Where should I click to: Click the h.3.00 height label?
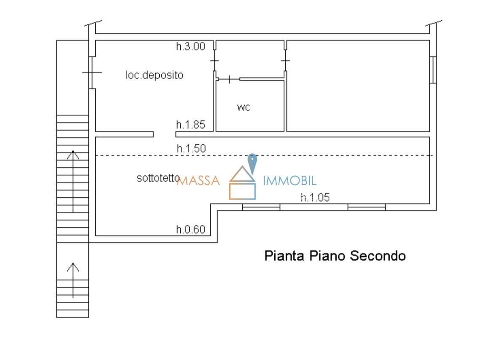[190, 46]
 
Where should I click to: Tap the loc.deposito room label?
[154, 75]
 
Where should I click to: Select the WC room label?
[244, 108]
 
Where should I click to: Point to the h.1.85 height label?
[190, 125]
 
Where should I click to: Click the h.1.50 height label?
[191, 148]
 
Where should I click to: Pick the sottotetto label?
[158, 178]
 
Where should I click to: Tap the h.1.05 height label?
[315, 197]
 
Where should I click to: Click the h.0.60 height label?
[190, 229]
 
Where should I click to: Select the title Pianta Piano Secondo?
[335, 255]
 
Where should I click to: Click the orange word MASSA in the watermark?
[198, 181]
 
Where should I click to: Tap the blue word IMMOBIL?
[289, 181]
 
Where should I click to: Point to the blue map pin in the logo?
[252, 163]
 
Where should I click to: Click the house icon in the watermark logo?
[242, 183]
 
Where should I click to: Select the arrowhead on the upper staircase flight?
[73, 154]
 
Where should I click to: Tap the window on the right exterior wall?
[433, 70]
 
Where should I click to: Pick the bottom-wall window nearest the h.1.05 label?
[367, 207]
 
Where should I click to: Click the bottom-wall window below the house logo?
[261, 207]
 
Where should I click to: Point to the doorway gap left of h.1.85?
[164, 134]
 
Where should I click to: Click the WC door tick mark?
[230, 80]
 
